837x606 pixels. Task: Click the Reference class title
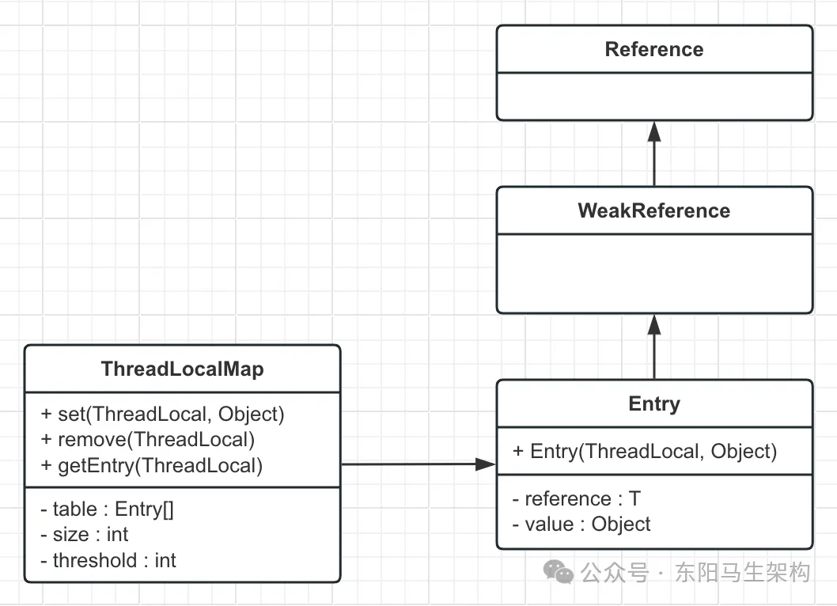(x=653, y=50)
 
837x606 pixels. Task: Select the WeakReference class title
(x=653, y=211)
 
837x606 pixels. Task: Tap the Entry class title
(x=653, y=404)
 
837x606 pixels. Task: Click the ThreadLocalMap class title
(x=182, y=369)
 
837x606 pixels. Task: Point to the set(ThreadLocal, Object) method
(x=162, y=414)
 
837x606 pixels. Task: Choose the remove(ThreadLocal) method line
(x=147, y=440)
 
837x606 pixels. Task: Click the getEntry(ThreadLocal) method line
(x=151, y=465)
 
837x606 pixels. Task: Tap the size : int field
(x=84, y=535)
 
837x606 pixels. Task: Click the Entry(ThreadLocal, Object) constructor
(x=645, y=452)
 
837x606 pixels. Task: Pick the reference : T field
(x=576, y=499)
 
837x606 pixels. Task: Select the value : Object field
(x=581, y=525)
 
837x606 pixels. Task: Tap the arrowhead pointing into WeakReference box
(x=654, y=324)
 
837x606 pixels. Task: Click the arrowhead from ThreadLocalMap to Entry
(x=485, y=464)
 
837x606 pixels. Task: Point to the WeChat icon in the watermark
(x=562, y=572)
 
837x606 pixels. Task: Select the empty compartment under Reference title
(x=653, y=96)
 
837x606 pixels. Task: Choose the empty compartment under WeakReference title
(x=653, y=272)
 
